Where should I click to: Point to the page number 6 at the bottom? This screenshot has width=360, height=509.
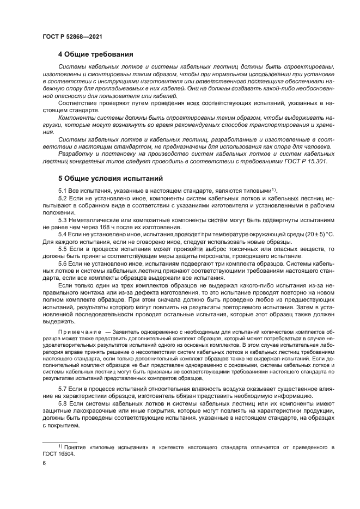(x=44, y=463)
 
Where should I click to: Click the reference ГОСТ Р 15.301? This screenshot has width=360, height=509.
(x=309, y=161)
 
